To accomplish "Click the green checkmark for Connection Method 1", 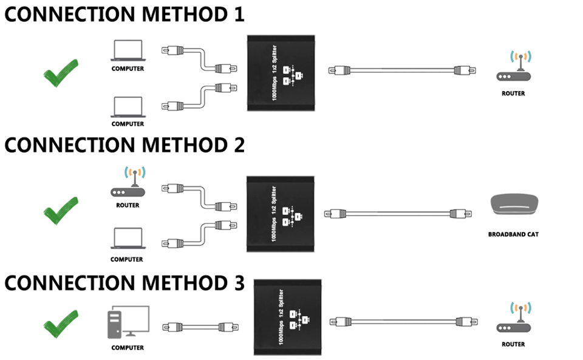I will pos(61,73).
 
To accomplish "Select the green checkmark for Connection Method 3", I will pos(61,323).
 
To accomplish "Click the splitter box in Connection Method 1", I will pos(282,73).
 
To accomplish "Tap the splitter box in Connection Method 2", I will pos(282,213).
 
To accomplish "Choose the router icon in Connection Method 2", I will pos(128,183).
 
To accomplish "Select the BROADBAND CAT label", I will pos(513,234).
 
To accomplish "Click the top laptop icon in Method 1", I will pos(128,50).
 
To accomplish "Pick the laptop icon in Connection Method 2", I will pos(127,239).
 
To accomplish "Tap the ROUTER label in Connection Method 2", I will pos(128,205).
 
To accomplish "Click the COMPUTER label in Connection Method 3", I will pos(128,348).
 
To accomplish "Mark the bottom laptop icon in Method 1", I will pos(128,107).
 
